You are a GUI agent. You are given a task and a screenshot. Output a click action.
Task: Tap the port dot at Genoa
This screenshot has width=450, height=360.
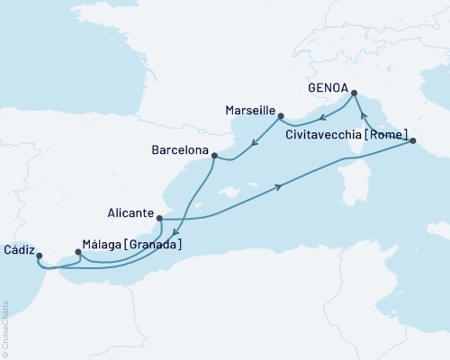tap(355, 93)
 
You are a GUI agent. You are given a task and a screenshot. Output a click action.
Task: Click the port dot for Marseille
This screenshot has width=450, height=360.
tap(282, 116)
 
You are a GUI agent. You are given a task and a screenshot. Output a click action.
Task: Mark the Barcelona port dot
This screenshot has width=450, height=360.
tap(213, 156)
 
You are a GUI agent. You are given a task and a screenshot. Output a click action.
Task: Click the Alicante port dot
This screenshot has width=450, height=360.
tap(159, 218)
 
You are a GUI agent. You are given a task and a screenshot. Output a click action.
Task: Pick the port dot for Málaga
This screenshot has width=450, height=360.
tap(77, 253)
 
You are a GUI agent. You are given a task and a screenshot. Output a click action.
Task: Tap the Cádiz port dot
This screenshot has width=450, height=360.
tap(40, 256)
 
